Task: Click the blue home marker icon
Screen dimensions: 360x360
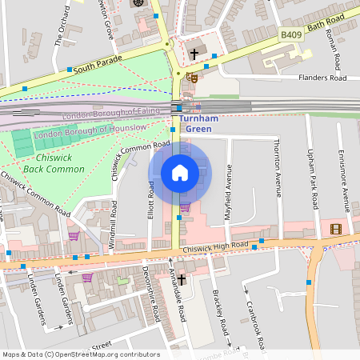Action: tap(180, 173)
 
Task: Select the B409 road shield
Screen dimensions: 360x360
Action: tap(292, 35)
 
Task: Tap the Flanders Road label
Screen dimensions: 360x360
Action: tap(322, 78)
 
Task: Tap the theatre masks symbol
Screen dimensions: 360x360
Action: tap(190, 78)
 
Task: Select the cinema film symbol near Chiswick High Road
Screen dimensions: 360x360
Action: tap(335, 229)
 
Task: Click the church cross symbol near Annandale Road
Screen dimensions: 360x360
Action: tap(182, 279)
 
